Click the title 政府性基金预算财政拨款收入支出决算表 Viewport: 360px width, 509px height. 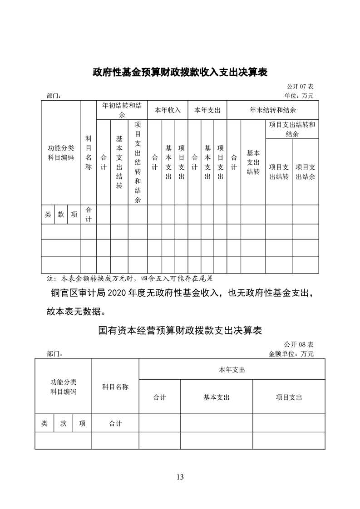180,72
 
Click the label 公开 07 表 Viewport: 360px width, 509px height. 300,86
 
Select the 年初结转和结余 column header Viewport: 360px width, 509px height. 122,110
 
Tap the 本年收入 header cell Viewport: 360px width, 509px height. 168,110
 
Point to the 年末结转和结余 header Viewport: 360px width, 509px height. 272,110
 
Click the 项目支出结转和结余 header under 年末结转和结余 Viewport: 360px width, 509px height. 292,129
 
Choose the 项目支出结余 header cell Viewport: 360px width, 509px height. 306,171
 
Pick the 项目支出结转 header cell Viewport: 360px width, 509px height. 279,171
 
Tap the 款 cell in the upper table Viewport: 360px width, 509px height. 61,215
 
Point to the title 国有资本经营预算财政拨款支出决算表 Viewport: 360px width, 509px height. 180,330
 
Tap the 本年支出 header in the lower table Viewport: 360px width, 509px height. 232,370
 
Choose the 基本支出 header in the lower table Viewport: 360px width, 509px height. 216,397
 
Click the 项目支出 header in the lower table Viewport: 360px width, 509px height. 289,397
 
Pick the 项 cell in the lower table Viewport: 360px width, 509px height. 82,424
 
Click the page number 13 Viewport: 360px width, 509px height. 180,477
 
